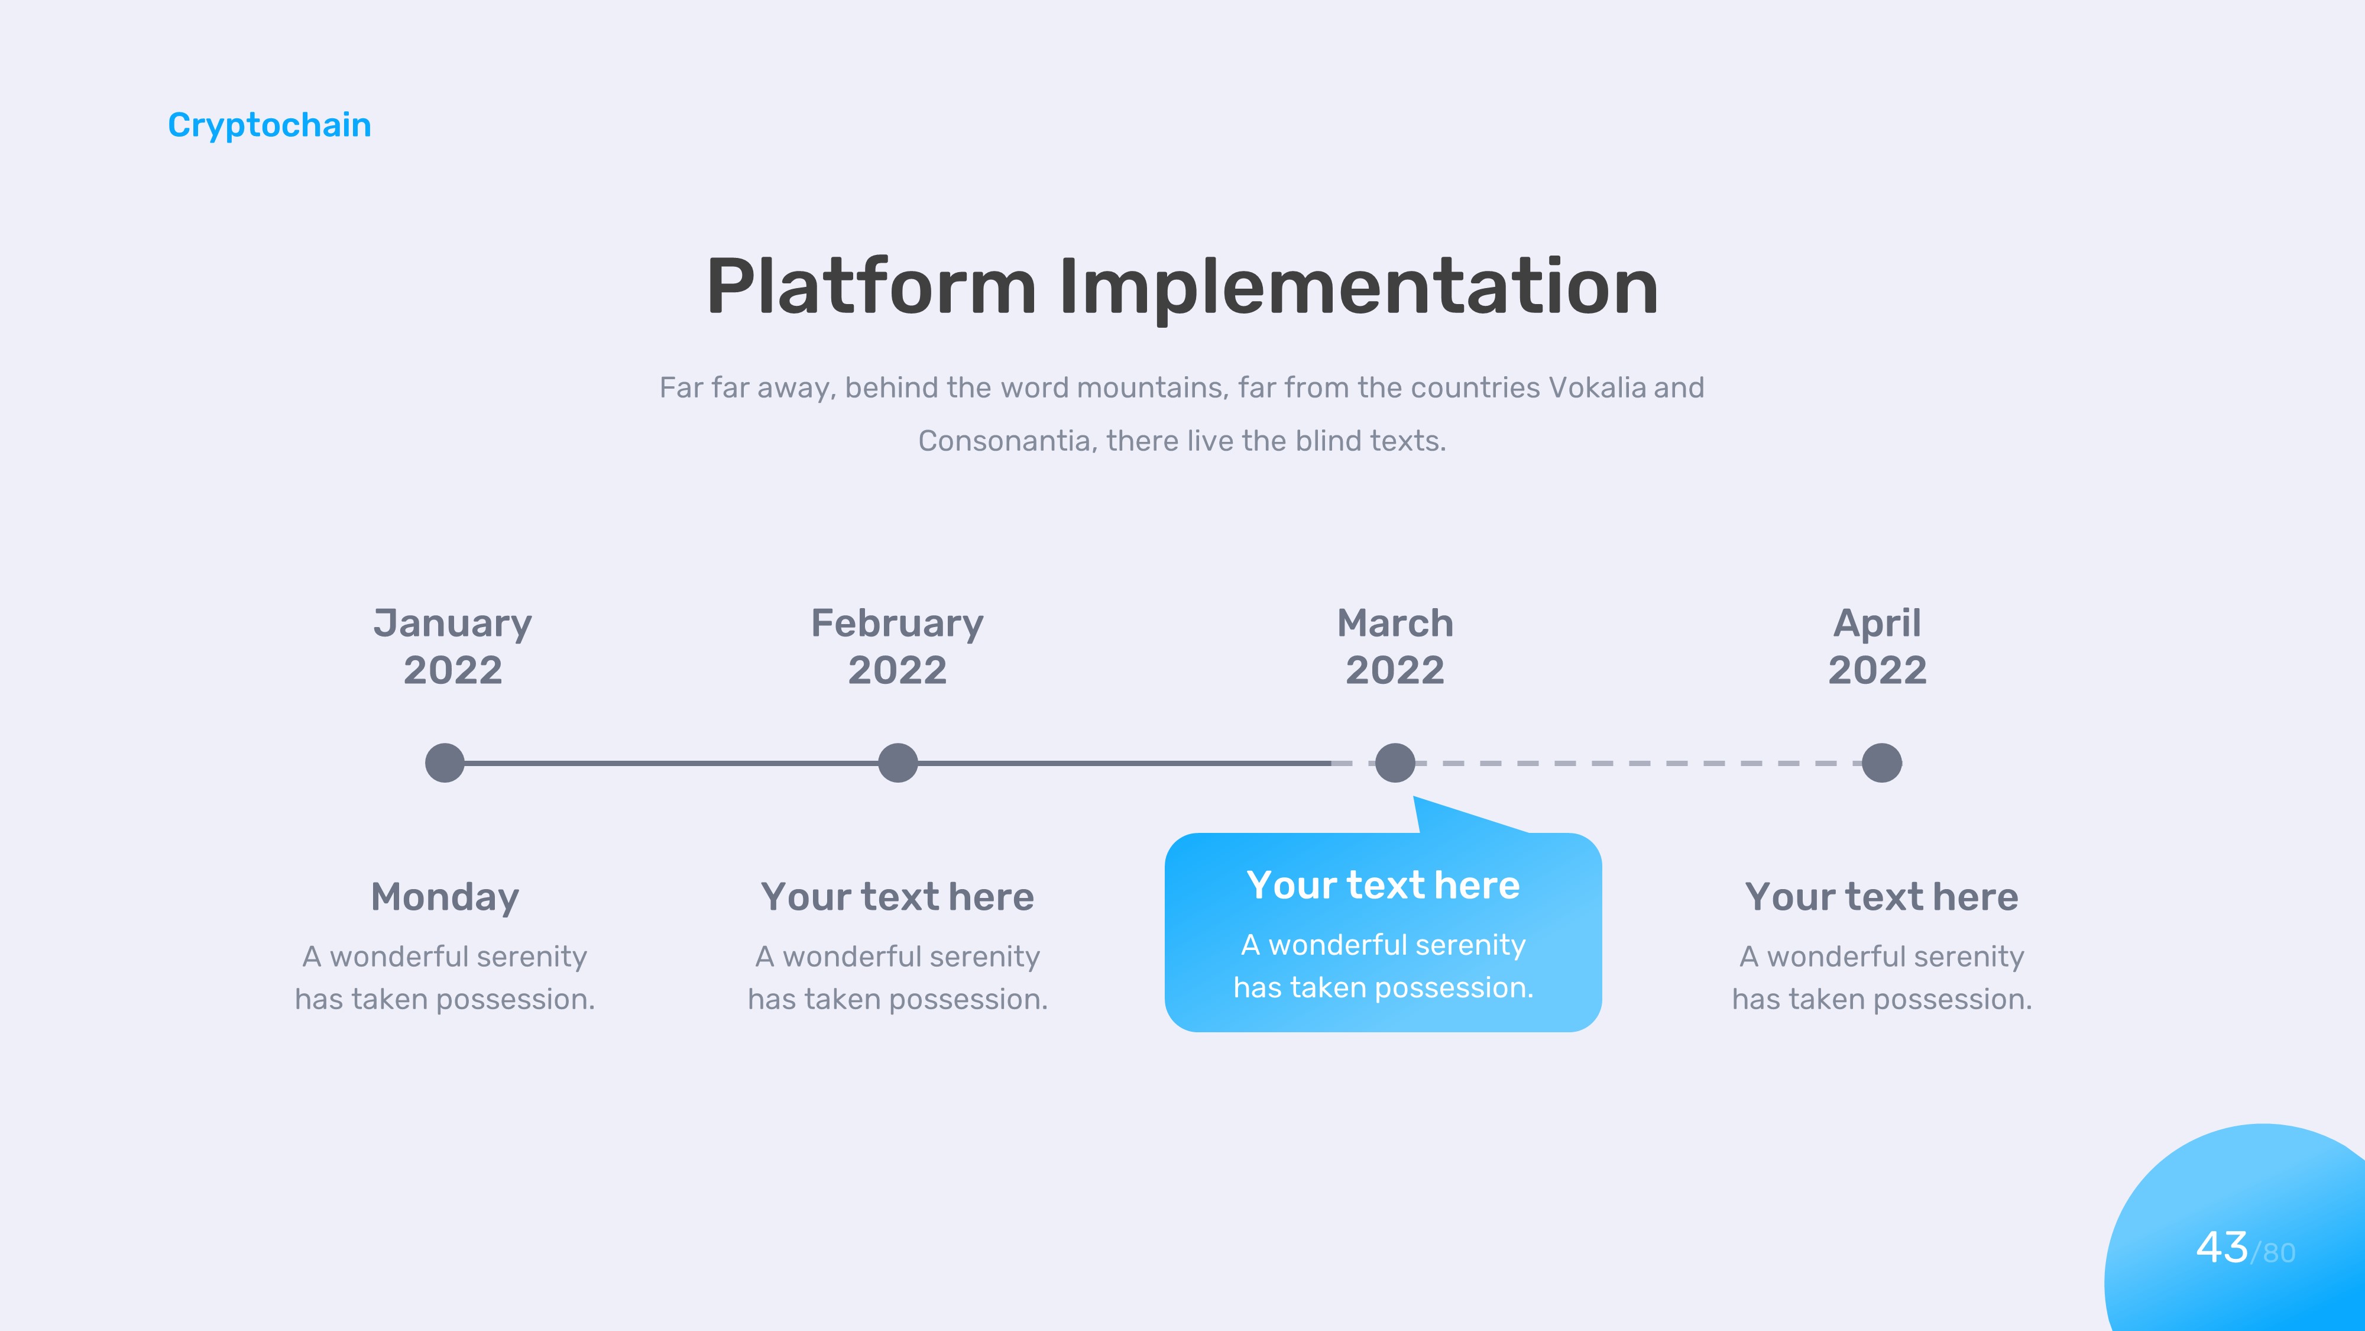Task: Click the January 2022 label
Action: point(453,646)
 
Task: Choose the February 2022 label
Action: point(897,646)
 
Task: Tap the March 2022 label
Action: point(1395,646)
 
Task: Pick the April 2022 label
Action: point(1877,646)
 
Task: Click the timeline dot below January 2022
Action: point(445,763)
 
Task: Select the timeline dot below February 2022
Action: point(898,763)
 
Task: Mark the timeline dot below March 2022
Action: point(1395,763)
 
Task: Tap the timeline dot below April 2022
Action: point(1882,763)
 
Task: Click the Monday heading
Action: point(445,897)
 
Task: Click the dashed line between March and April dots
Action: point(1639,763)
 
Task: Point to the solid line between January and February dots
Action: point(671,763)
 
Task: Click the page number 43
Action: point(2222,1248)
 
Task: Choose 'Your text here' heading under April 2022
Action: point(1882,897)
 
